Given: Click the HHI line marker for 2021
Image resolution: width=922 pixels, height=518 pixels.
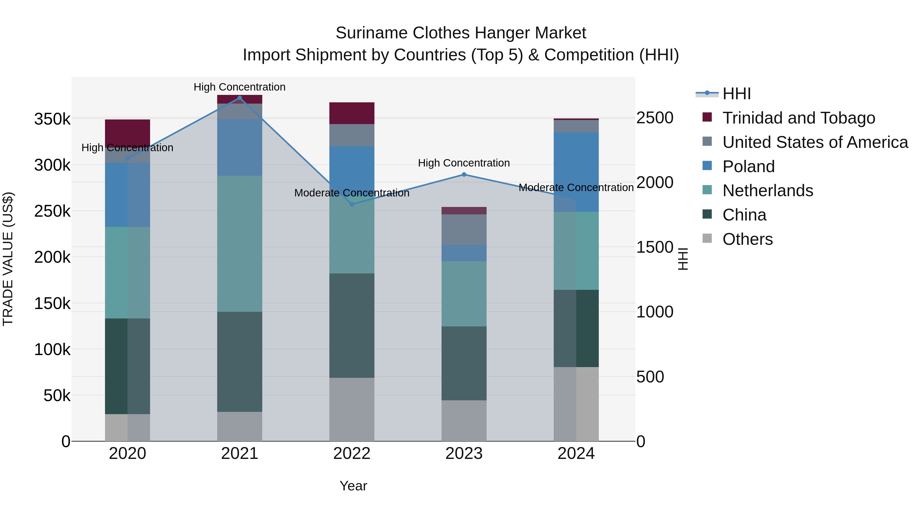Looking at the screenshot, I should point(239,98).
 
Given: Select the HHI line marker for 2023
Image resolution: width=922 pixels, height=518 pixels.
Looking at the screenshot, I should point(464,174).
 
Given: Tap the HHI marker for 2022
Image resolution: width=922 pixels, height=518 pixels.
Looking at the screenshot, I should point(352,204).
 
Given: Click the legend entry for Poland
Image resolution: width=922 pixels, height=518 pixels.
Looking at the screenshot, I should point(748,167).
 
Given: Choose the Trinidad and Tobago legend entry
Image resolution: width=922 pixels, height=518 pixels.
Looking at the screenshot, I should point(799,118).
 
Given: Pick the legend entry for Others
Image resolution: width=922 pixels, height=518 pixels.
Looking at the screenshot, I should point(747,239).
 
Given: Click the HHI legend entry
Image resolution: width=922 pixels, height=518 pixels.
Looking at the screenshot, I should point(737,94).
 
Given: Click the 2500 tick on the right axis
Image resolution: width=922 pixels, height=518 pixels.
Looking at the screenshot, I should point(655,118).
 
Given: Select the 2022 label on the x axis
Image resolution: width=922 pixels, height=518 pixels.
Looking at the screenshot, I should point(352,454).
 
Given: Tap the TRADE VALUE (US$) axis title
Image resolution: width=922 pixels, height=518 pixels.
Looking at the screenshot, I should point(8,259).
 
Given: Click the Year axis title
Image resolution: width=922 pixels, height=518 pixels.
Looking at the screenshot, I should point(353,486).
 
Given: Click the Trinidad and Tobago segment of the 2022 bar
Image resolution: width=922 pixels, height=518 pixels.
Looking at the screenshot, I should point(352,113).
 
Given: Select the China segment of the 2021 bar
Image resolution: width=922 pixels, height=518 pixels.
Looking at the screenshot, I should point(239,361).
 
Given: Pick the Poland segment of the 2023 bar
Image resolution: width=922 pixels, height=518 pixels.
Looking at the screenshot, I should point(464,253).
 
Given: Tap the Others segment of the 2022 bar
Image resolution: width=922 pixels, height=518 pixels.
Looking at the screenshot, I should point(352,409).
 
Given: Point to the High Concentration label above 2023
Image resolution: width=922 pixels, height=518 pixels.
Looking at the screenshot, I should point(464,163).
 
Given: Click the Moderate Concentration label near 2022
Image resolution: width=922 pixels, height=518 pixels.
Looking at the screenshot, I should point(352,193).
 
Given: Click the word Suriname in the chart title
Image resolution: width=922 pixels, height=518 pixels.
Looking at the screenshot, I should point(371,33).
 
